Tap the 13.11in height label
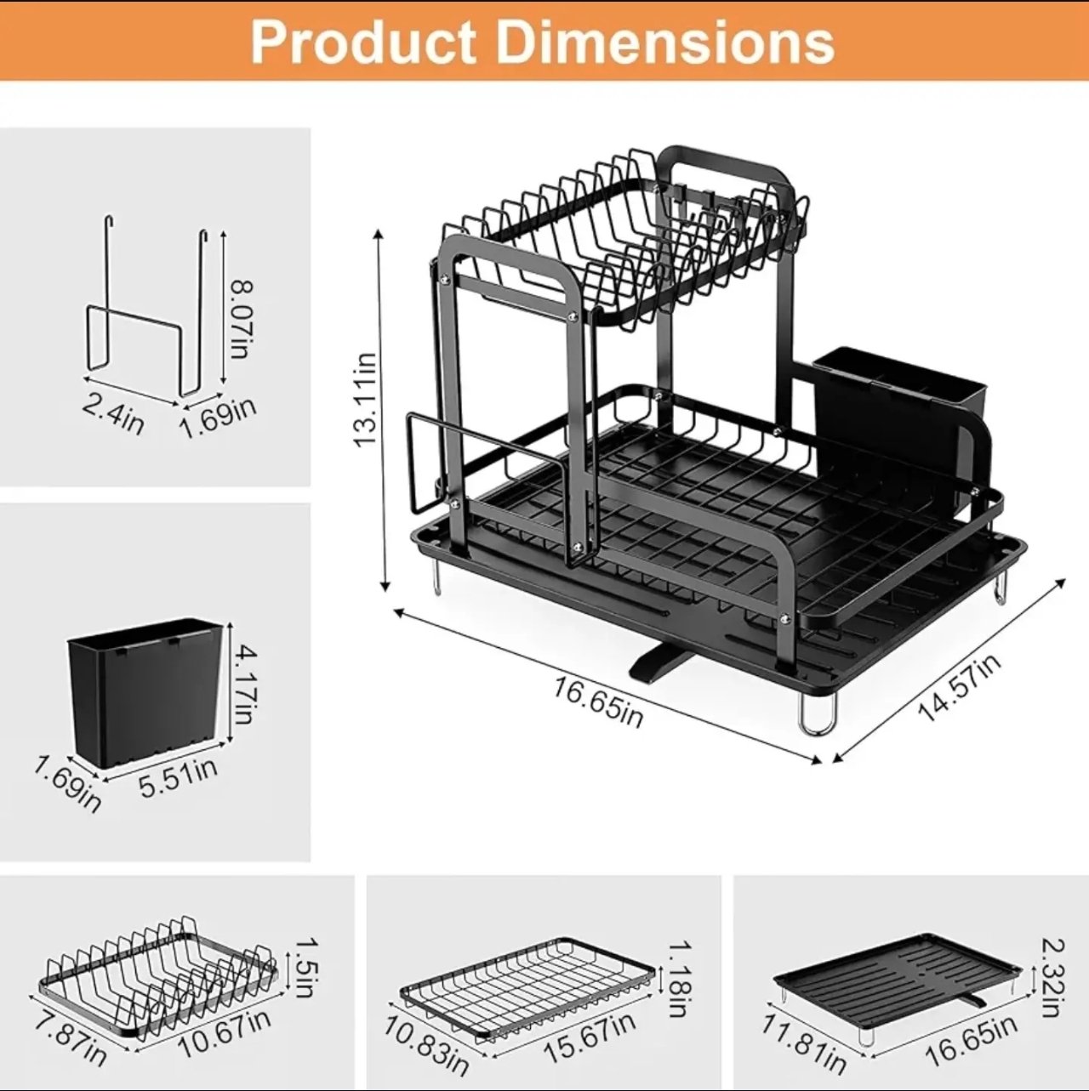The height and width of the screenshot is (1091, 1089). pyautogui.click(x=366, y=399)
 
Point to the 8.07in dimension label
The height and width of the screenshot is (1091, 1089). pyautogui.click(x=241, y=320)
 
